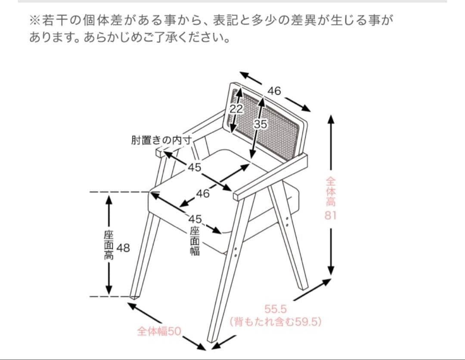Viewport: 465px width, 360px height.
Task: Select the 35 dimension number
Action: tap(260, 124)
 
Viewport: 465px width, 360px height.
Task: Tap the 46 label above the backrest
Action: tap(274, 91)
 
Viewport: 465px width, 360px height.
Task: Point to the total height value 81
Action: tap(330, 215)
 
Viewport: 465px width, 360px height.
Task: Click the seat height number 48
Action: tap(123, 248)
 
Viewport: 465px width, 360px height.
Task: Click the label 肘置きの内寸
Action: tap(161, 141)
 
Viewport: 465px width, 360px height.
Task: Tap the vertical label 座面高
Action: tap(109, 245)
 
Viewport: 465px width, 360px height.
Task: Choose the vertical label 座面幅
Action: tap(195, 241)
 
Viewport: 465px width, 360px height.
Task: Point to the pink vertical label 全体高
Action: tap(330, 191)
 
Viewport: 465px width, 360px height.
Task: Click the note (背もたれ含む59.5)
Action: tap(276, 322)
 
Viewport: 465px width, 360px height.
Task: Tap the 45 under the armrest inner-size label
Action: tap(194, 167)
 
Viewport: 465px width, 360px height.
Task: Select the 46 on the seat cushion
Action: tap(203, 194)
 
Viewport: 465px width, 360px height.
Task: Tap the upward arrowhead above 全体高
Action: tap(330, 118)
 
